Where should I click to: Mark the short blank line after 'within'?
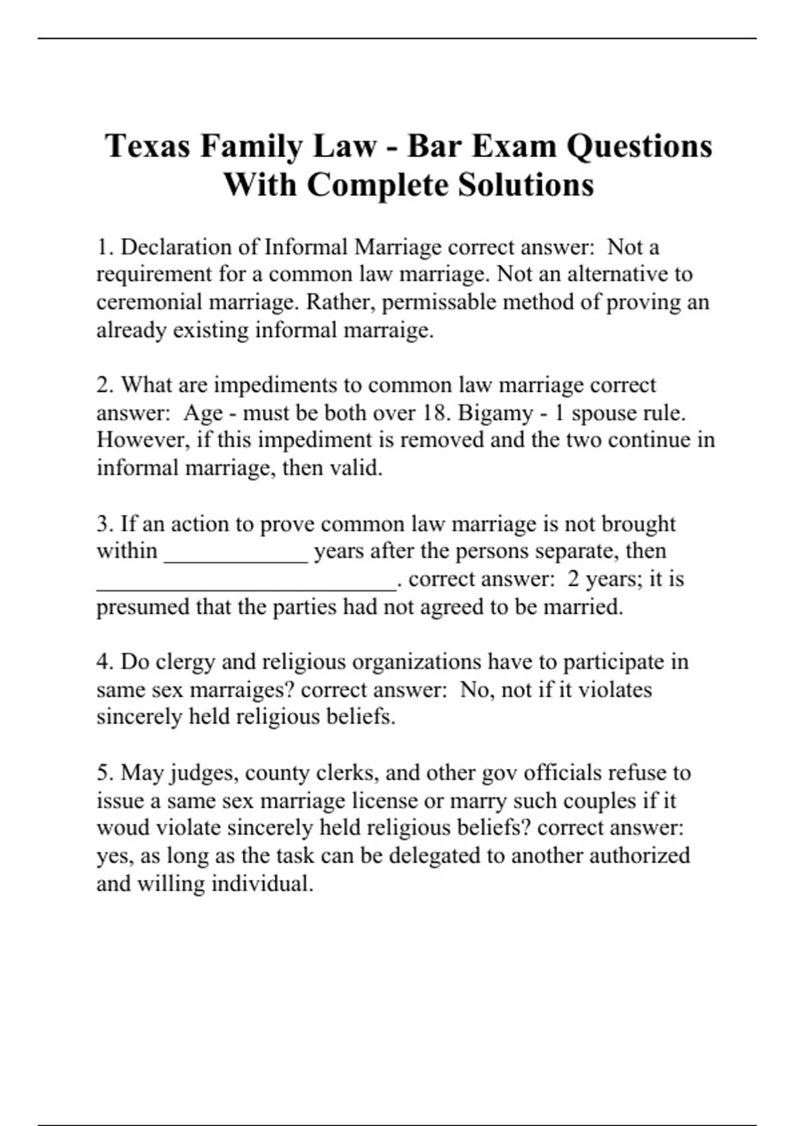pos(236,556)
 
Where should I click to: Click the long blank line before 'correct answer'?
pos(246,584)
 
